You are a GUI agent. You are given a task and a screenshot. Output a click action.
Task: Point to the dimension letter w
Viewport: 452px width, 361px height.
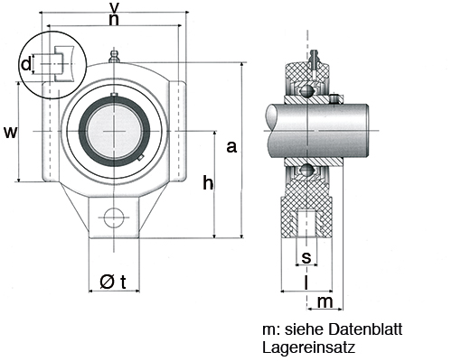tap(10, 132)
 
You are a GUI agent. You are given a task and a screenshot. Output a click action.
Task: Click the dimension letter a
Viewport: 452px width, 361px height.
tap(231, 146)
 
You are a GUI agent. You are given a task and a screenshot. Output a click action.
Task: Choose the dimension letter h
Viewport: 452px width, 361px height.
tap(207, 183)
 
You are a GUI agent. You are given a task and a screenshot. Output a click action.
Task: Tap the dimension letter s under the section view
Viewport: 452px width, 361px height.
tap(306, 259)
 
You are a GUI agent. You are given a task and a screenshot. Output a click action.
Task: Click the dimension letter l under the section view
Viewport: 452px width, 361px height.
tap(307, 282)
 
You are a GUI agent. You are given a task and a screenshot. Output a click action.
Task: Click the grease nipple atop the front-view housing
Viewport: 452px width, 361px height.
tap(114, 59)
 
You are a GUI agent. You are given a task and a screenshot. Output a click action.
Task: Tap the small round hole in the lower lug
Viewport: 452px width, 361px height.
tap(114, 218)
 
